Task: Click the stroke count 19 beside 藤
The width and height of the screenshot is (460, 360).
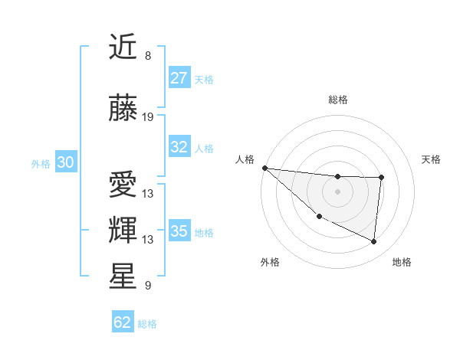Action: click(148, 116)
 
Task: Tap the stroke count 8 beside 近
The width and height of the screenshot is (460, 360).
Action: click(148, 56)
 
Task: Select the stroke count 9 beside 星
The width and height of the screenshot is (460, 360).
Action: click(148, 286)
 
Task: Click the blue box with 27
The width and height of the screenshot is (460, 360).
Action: click(179, 78)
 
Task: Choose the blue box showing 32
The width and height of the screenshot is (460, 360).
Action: click(179, 147)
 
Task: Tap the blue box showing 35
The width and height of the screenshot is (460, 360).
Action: click(179, 231)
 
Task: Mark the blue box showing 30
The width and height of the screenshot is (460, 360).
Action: click(65, 162)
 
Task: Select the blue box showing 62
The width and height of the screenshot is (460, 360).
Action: click(123, 322)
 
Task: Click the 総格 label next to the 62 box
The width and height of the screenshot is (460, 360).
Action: click(148, 324)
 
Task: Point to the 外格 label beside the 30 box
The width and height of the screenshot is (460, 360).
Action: click(41, 163)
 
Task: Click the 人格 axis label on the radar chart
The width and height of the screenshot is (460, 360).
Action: click(245, 159)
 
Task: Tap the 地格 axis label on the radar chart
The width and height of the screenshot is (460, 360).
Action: click(402, 262)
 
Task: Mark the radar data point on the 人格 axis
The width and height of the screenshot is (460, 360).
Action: click(264, 168)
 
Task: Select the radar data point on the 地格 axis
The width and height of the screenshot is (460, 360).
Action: click(374, 241)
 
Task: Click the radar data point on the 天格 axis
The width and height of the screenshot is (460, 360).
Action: click(381, 178)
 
